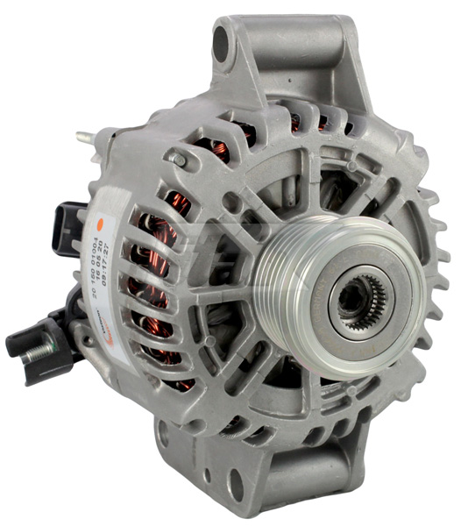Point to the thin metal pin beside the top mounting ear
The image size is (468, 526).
[85, 138]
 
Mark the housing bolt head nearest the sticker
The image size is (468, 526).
[179, 160]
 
